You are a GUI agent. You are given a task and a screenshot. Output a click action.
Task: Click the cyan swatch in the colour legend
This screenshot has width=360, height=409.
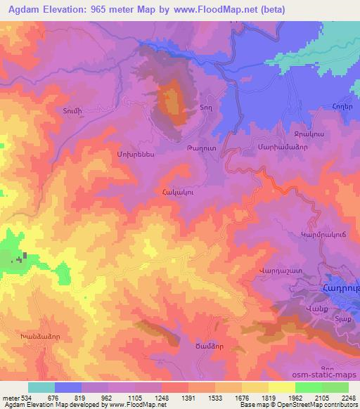click(41, 387)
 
